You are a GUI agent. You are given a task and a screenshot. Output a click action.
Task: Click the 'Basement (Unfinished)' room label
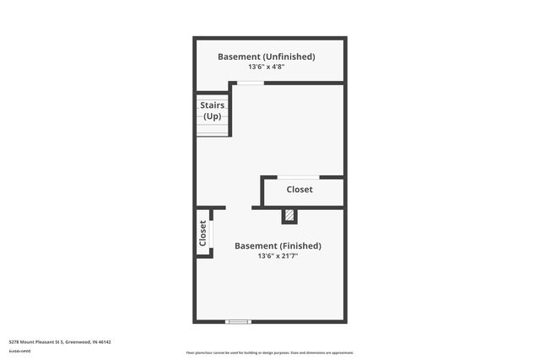click(266, 56)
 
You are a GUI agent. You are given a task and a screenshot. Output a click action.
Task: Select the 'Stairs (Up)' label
click(212, 110)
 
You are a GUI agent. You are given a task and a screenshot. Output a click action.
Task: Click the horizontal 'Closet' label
click(300, 190)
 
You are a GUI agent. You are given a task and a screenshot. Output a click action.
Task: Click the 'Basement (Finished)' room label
click(278, 246)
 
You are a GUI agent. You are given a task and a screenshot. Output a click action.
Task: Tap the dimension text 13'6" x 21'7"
click(278, 256)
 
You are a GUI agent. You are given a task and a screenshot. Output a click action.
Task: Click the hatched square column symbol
click(289, 217)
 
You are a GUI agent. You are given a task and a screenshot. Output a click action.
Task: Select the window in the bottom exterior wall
click(239, 321)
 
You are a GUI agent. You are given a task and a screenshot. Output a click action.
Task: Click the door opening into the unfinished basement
click(249, 83)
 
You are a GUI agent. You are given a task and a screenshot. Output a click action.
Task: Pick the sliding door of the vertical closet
click(210, 232)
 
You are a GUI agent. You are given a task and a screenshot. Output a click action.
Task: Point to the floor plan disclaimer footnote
click(269, 352)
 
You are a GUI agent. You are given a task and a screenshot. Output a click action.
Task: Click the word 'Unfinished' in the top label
click(288, 56)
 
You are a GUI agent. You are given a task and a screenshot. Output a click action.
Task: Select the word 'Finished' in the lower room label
click(299, 246)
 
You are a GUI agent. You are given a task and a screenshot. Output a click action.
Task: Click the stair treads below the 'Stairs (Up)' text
click(212, 128)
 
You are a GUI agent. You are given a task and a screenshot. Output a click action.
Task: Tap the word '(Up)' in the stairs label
click(212, 116)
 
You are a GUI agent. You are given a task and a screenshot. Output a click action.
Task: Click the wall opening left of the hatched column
click(238, 207)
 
